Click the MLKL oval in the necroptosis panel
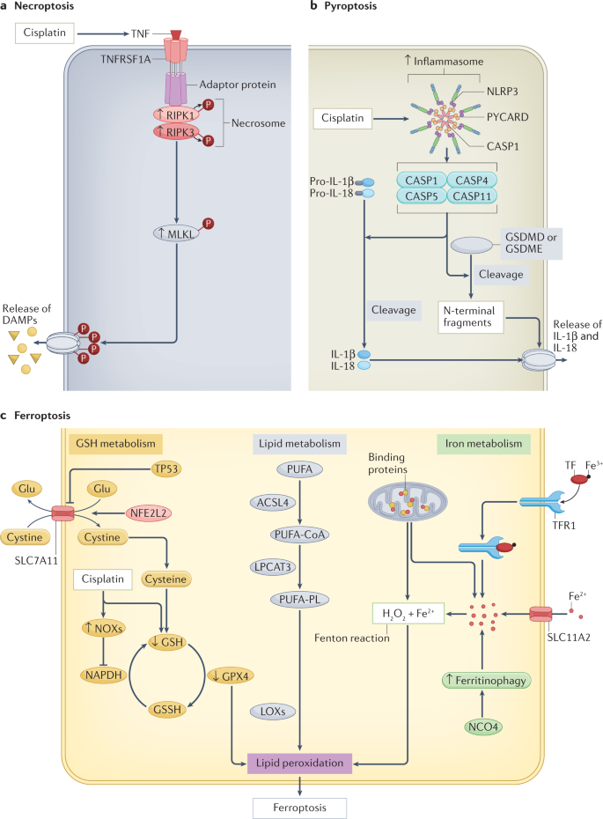[176, 234]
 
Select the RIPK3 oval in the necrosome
[176, 132]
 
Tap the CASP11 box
[472, 196]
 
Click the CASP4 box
[472, 181]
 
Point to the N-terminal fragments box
[470, 316]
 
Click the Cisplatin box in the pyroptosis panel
[342, 118]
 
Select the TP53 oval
[166, 469]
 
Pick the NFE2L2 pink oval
[148, 513]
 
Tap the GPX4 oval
[231, 675]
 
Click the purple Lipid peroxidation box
[299, 764]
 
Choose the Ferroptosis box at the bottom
[299, 808]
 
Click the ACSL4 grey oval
[273, 503]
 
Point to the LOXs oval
[273, 712]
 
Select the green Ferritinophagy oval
[486, 681]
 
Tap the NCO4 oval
[483, 727]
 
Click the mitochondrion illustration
[408, 502]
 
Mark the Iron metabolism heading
[483, 444]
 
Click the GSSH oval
[167, 709]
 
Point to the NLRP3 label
[503, 92]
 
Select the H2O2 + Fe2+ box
[408, 614]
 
